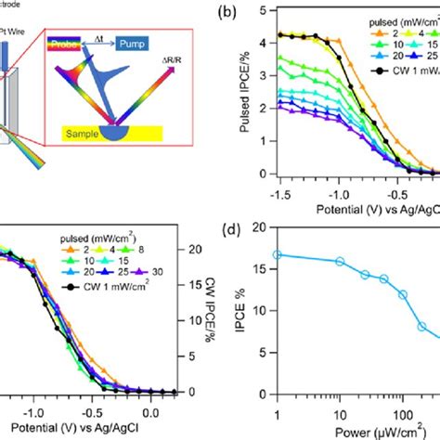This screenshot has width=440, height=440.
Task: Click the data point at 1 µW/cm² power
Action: (x=277, y=280)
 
